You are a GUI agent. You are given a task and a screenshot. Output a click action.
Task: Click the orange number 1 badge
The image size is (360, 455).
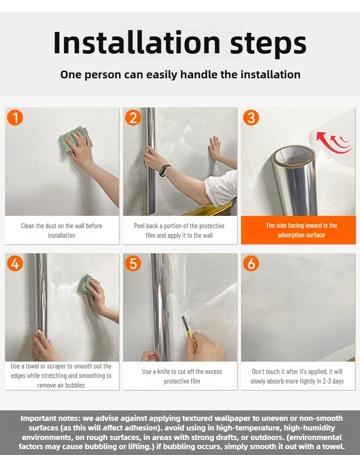coord(15,118)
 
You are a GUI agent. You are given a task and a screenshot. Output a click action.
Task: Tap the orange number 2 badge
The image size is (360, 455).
coord(133,118)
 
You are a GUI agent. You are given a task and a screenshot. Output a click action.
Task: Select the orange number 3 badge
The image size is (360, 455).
coord(251,118)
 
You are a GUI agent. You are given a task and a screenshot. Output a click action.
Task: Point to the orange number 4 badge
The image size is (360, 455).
coord(15,263)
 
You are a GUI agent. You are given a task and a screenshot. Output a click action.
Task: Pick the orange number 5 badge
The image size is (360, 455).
coord(133,263)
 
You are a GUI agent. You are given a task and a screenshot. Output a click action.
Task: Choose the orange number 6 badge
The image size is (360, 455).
coord(251,263)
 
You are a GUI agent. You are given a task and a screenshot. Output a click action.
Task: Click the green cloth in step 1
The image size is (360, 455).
coord(74,139)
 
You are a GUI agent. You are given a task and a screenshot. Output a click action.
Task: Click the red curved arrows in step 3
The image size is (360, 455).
coord(334,143)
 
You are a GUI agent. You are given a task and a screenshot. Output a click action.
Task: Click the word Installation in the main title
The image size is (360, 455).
coord(137,43)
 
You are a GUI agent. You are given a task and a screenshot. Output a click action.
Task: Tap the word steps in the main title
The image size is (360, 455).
coord(268,45)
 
